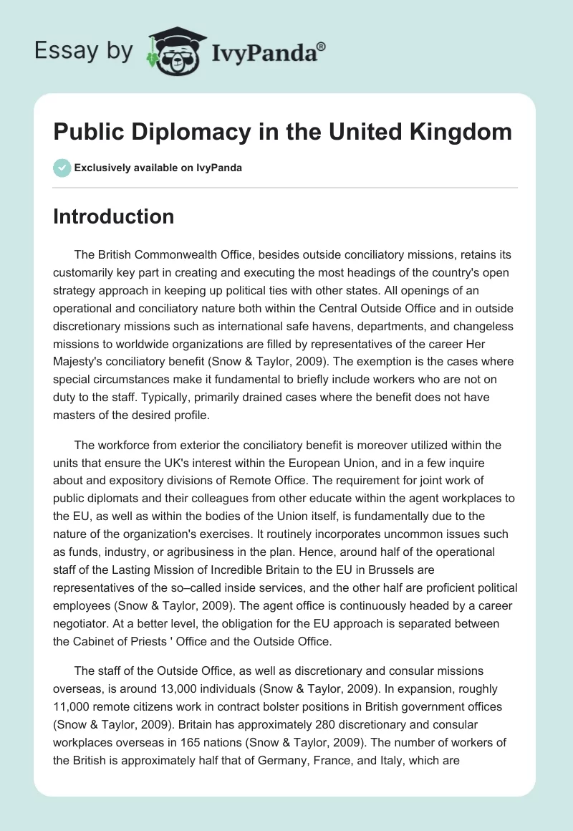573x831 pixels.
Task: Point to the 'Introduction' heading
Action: coord(113,216)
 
